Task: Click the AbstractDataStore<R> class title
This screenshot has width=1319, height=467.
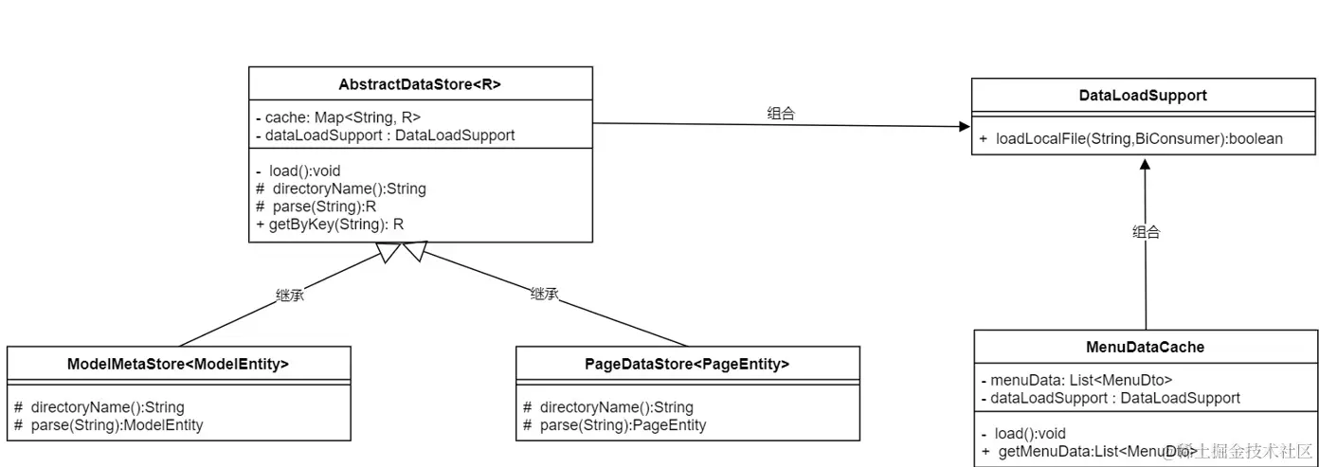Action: coord(420,84)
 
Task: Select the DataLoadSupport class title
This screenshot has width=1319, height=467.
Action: coord(1143,96)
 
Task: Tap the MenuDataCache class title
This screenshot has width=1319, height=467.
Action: coord(1146,347)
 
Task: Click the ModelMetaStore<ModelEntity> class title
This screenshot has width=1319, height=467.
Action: coord(178,364)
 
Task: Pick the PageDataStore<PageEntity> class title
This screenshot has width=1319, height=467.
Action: coord(687,364)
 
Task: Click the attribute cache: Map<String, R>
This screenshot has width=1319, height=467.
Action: coord(338,117)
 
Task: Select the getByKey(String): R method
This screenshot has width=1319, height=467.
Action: coord(330,225)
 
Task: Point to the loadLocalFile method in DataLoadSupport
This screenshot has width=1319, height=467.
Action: coord(1130,139)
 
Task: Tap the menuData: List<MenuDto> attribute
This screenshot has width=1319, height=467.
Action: coord(1077,381)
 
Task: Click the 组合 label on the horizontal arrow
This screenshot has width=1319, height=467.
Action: coord(781,113)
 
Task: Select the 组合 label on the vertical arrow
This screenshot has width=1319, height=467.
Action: coord(1146,232)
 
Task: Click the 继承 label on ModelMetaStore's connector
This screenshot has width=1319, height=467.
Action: coord(290,295)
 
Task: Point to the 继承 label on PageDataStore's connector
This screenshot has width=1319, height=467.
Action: coord(544,294)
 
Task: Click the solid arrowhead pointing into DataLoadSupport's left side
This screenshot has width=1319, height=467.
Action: coord(965,126)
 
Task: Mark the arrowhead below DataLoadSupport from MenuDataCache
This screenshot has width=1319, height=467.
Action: coord(1145,164)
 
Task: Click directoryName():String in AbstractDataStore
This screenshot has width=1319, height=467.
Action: coord(341,189)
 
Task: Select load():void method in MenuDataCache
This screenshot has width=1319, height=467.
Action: coord(1023,434)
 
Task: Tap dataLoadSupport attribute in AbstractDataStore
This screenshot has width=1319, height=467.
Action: coord(385,135)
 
